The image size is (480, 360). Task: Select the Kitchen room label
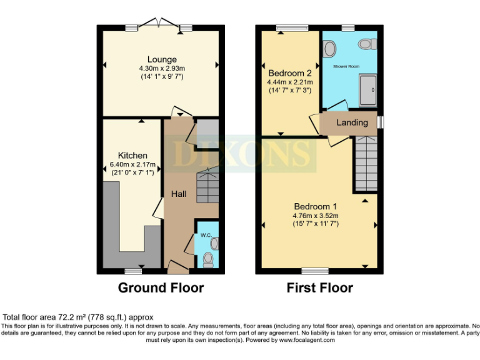132,155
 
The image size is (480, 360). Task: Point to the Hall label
179,194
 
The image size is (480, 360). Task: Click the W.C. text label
206,236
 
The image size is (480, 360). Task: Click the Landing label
352,122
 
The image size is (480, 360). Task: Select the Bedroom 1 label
315,207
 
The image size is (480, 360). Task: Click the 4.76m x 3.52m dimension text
315,216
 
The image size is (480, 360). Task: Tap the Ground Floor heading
161,287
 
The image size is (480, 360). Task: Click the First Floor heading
319,287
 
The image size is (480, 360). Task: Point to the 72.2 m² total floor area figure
69,317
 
